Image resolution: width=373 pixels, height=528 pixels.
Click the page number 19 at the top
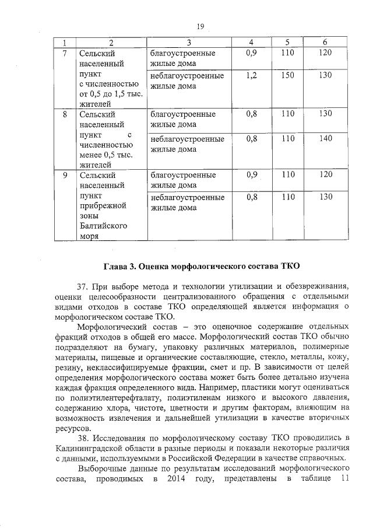pos(200,26)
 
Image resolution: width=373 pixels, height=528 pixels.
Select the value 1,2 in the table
pos(252,75)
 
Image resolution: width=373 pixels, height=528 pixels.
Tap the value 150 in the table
pos(287,75)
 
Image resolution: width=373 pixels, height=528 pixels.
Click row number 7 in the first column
pos(66,53)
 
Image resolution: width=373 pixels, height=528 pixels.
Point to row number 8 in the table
pos(66,114)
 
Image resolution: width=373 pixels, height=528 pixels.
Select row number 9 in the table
pos(66,174)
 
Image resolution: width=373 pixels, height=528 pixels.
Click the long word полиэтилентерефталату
pos(122,400)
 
